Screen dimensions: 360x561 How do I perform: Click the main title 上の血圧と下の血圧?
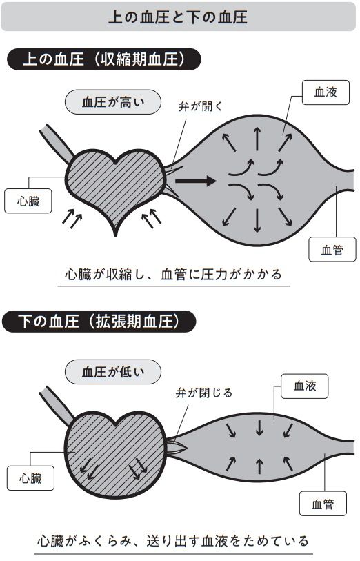(x=178, y=17)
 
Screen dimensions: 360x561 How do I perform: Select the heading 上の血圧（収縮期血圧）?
(x=103, y=59)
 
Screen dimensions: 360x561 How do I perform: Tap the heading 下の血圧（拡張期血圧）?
(x=99, y=322)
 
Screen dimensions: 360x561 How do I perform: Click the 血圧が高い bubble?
(x=113, y=102)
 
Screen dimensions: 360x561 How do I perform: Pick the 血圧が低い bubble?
(x=113, y=372)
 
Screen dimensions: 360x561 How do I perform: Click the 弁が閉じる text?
(x=204, y=393)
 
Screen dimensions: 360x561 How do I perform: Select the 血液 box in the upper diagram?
(x=326, y=92)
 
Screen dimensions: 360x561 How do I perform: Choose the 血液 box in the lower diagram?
(x=305, y=386)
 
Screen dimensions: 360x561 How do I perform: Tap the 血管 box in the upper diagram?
(x=332, y=249)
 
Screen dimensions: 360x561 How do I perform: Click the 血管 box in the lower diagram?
(x=323, y=504)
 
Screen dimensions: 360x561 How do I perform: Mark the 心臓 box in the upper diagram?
(x=28, y=201)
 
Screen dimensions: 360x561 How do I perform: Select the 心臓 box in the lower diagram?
(x=31, y=478)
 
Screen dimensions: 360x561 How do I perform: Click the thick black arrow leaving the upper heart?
(x=196, y=181)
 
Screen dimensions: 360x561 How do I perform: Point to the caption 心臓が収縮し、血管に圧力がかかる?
(x=173, y=275)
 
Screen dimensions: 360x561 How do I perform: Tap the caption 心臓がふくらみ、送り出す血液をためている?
(x=173, y=540)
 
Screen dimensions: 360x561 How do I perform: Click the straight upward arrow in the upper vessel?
(x=257, y=139)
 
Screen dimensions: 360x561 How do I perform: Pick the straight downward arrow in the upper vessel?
(x=257, y=220)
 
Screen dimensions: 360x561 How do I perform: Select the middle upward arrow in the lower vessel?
(x=259, y=466)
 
